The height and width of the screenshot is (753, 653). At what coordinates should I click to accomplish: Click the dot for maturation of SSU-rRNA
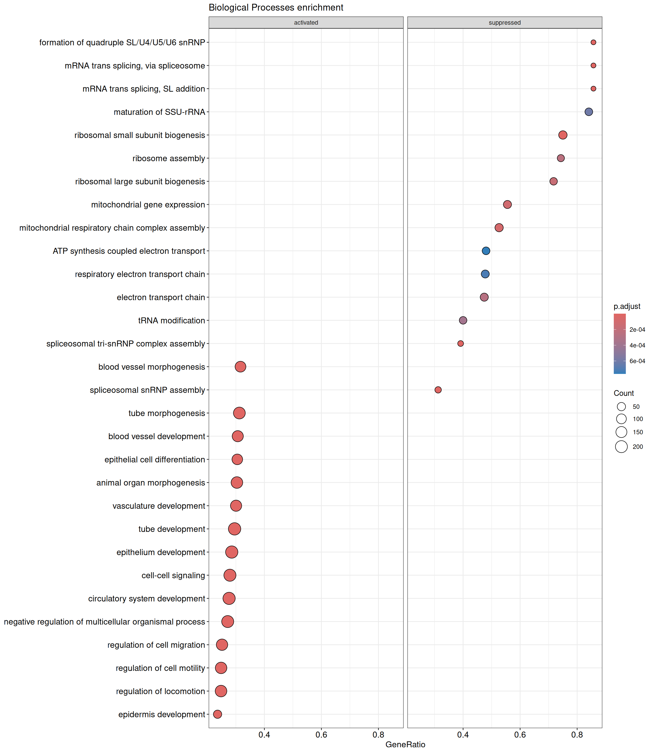pyautogui.click(x=588, y=112)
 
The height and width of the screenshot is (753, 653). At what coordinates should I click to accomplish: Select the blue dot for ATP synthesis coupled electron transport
pyautogui.click(x=486, y=251)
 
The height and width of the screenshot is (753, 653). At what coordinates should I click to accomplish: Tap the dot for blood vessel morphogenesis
pyautogui.click(x=240, y=367)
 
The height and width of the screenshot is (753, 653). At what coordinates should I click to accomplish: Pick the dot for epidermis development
pyautogui.click(x=217, y=714)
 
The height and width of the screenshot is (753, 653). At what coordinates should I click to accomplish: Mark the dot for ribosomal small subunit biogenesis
pyautogui.click(x=563, y=135)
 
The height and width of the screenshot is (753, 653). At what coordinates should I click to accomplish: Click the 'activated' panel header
pyautogui.click(x=306, y=22)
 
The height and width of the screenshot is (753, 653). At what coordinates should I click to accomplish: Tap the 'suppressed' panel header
pyautogui.click(x=504, y=22)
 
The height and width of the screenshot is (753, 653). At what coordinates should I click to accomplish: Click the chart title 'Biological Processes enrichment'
pyautogui.click(x=276, y=8)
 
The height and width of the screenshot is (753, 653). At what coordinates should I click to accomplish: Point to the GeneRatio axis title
pyautogui.click(x=405, y=744)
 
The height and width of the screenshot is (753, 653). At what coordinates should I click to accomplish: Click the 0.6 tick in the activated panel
pyautogui.click(x=321, y=734)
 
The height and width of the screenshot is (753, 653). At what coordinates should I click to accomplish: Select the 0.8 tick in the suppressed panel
pyautogui.click(x=577, y=734)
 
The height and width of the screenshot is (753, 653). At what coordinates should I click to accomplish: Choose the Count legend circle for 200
pyautogui.click(x=621, y=446)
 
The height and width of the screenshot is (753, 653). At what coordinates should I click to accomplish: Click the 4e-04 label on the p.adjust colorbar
pyautogui.click(x=637, y=345)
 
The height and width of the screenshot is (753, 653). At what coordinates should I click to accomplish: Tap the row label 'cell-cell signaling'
pyautogui.click(x=173, y=575)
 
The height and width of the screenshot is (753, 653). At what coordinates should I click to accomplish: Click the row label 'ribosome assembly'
pyautogui.click(x=169, y=158)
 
